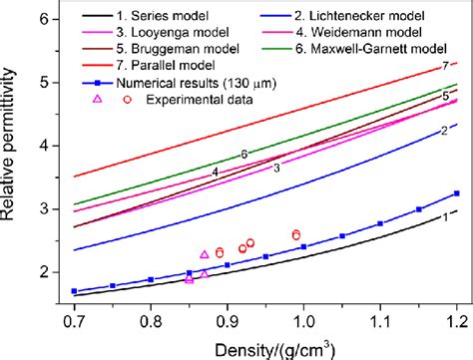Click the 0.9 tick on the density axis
228,324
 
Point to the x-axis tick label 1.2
456,324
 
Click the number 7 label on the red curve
445,66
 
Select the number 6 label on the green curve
243,155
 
